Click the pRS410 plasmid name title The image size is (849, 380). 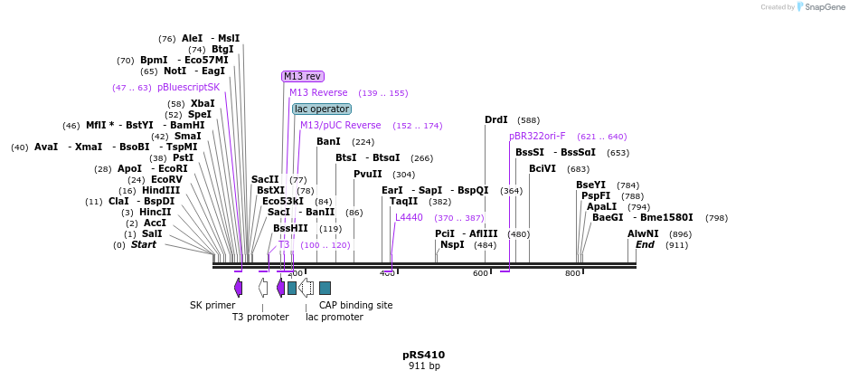tap(423, 355)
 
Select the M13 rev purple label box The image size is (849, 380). tap(302, 77)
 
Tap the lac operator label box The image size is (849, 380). tap(322, 109)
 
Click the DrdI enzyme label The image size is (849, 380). tap(496, 119)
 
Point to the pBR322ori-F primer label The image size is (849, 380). tap(537, 136)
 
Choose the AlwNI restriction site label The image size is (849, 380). tap(643, 233)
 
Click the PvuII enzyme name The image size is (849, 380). tap(368, 174)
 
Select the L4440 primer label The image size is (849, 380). tap(409, 217)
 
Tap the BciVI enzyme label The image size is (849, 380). tap(542, 168)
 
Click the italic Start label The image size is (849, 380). tap(144, 244)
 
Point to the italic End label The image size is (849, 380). tap(645, 244)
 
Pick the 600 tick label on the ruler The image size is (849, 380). tap(480, 273)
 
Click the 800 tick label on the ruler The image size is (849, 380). tap(572, 273)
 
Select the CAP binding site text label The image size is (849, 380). tap(355, 305)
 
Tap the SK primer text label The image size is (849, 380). tap(212, 305)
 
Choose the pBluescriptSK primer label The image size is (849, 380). tap(188, 87)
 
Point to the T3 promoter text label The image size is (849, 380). tap(260, 317)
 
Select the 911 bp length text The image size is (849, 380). tap(423, 366)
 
